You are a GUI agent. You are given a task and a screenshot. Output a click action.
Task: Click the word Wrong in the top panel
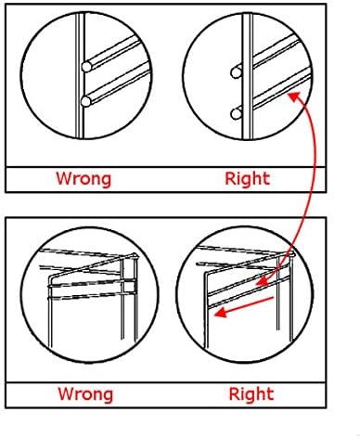(84, 178)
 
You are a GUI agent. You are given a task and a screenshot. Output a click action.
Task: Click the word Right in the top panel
(248, 178)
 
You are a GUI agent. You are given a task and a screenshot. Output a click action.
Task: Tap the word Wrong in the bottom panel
(85, 393)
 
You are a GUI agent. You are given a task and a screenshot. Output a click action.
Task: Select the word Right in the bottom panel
(251, 393)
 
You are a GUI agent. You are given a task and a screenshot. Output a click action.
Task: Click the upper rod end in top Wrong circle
(86, 67)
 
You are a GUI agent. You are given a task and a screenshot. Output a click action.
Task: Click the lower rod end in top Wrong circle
(86, 101)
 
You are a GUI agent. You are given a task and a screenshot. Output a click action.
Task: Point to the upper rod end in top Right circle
(236, 72)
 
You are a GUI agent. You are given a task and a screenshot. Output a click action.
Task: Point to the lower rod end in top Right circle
(236, 114)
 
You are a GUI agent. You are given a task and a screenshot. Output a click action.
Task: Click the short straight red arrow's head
(220, 313)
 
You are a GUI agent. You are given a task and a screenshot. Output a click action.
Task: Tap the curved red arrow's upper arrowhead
(294, 96)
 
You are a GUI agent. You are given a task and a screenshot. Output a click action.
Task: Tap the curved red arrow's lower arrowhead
(261, 281)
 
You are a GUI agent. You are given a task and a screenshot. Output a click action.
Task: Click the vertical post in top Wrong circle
(80, 76)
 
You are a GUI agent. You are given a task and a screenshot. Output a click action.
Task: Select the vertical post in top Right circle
(247, 76)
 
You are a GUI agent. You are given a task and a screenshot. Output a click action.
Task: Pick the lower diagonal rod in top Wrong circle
(118, 84)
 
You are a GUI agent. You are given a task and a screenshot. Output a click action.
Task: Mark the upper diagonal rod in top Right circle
(276, 50)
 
